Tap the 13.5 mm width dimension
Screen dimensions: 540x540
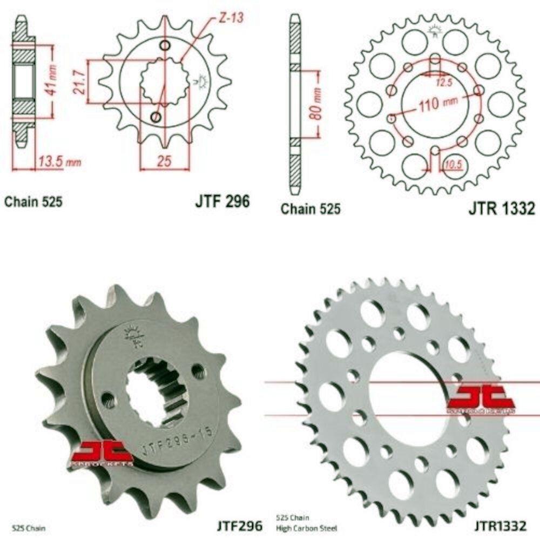[59, 161]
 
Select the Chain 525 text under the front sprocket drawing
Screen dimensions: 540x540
[33, 202]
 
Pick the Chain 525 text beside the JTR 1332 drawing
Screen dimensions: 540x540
[310, 209]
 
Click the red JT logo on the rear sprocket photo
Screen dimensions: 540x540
[480, 399]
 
